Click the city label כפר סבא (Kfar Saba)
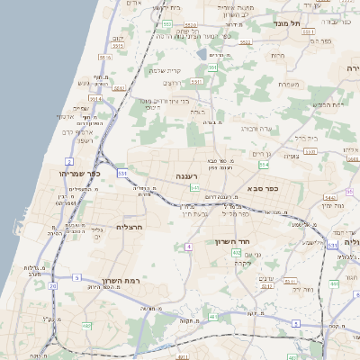[x=263, y=191]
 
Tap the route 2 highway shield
[x=69, y=161]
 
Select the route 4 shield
[x=189, y=246]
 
